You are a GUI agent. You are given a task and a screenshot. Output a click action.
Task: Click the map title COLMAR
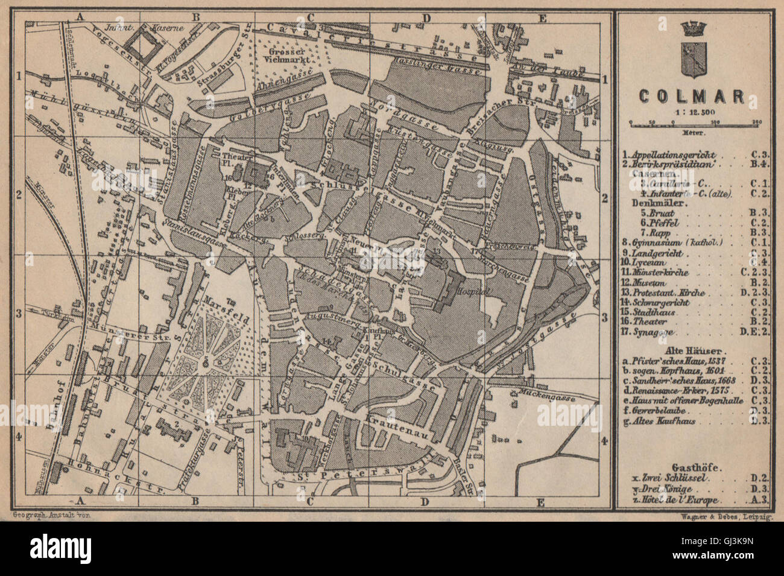coord(691,97)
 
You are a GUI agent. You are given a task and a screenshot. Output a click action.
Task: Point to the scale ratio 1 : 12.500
coord(691,112)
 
